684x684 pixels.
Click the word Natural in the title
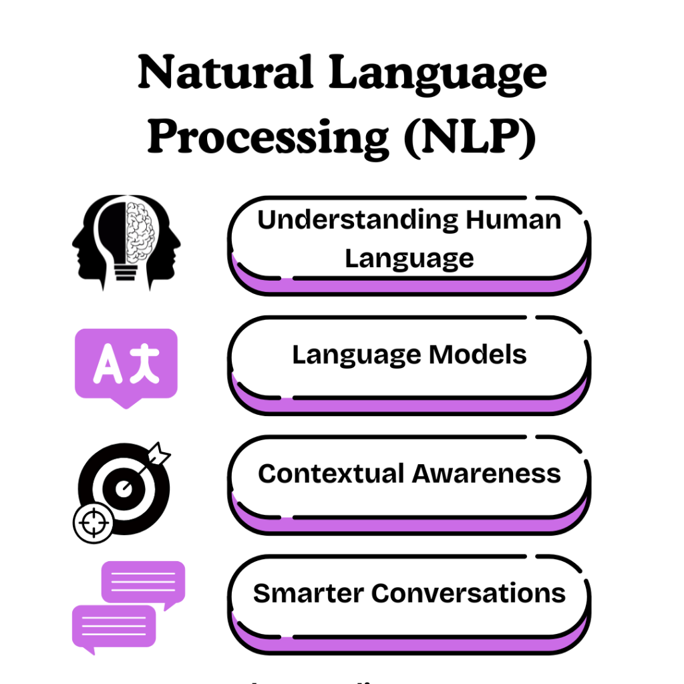[224, 74]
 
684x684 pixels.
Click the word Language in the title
[438, 74]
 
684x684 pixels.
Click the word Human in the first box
[514, 220]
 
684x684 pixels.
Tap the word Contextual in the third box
[331, 474]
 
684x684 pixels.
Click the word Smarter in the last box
[308, 593]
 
